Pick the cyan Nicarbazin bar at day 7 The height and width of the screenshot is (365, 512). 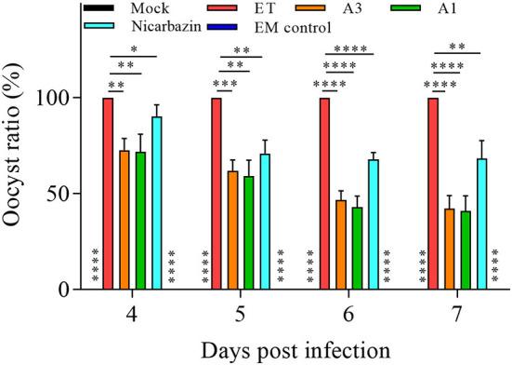481,223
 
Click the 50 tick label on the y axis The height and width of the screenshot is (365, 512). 64,195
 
